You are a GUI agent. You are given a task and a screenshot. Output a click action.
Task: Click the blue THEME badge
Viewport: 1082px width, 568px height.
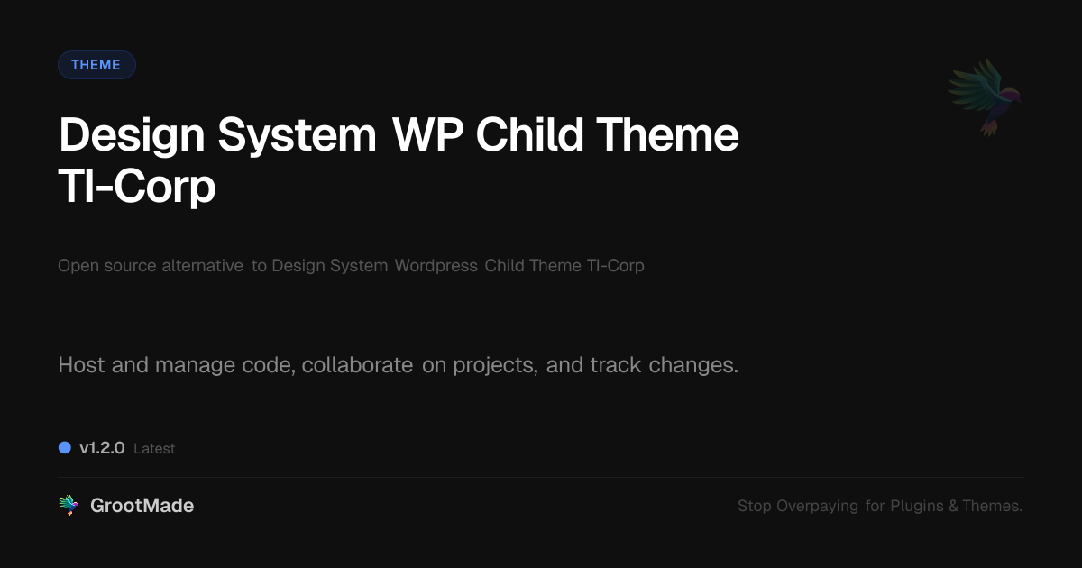[x=96, y=65]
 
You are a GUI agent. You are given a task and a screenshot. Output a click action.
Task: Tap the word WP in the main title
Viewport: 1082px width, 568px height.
[x=427, y=134]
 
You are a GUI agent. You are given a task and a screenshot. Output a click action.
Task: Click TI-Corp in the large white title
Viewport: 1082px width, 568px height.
[x=137, y=187]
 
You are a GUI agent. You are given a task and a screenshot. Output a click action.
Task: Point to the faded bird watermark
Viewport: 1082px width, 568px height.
[x=985, y=97]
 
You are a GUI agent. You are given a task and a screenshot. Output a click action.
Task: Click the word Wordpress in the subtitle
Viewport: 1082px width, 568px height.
[x=436, y=266]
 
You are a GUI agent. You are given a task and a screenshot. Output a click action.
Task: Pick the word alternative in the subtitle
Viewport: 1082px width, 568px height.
[x=202, y=266]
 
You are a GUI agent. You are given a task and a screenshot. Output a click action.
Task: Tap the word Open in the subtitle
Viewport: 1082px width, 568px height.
[x=78, y=266]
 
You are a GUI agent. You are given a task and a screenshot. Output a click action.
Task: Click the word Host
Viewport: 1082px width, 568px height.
[x=81, y=364]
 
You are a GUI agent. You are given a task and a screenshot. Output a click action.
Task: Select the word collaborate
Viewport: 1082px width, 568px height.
[x=357, y=364]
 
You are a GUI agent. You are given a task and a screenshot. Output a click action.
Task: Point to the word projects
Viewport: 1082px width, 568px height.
[x=495, y=366]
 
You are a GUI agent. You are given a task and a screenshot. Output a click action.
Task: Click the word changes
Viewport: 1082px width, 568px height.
[x=693, y=365]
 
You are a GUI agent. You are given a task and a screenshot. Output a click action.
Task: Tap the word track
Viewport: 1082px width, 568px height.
[x=615, y=364]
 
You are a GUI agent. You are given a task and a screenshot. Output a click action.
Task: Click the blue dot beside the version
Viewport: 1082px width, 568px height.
[x=65, y=448]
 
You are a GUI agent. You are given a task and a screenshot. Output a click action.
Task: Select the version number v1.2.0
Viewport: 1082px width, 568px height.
[x=102, y=448]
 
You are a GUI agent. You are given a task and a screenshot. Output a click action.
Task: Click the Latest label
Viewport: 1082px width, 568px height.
[x=154, y=449]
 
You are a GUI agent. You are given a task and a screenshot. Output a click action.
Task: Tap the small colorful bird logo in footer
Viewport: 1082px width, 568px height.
[x=69, y=505]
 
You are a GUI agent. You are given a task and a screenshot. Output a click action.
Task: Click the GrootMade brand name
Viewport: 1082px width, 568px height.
[x=142, y=505]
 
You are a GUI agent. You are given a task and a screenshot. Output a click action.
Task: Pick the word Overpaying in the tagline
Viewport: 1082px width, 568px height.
[x=817, y=506]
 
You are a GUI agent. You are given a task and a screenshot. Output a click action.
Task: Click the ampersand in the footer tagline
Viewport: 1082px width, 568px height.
[x=953, y=506]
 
